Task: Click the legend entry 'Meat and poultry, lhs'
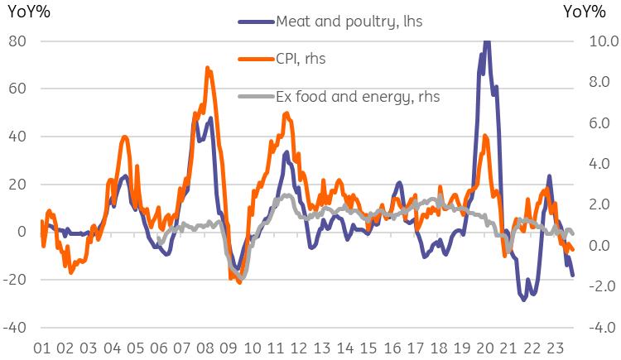coord(349,22)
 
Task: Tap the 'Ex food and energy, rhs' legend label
coord(357,96)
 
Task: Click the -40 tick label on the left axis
coord(15,327)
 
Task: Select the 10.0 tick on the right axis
coord(599,41)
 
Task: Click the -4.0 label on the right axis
coord(599,327)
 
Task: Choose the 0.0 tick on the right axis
coord(599,245)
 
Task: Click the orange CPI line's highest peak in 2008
coord(207,68)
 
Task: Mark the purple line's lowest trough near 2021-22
coord(523,299)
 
